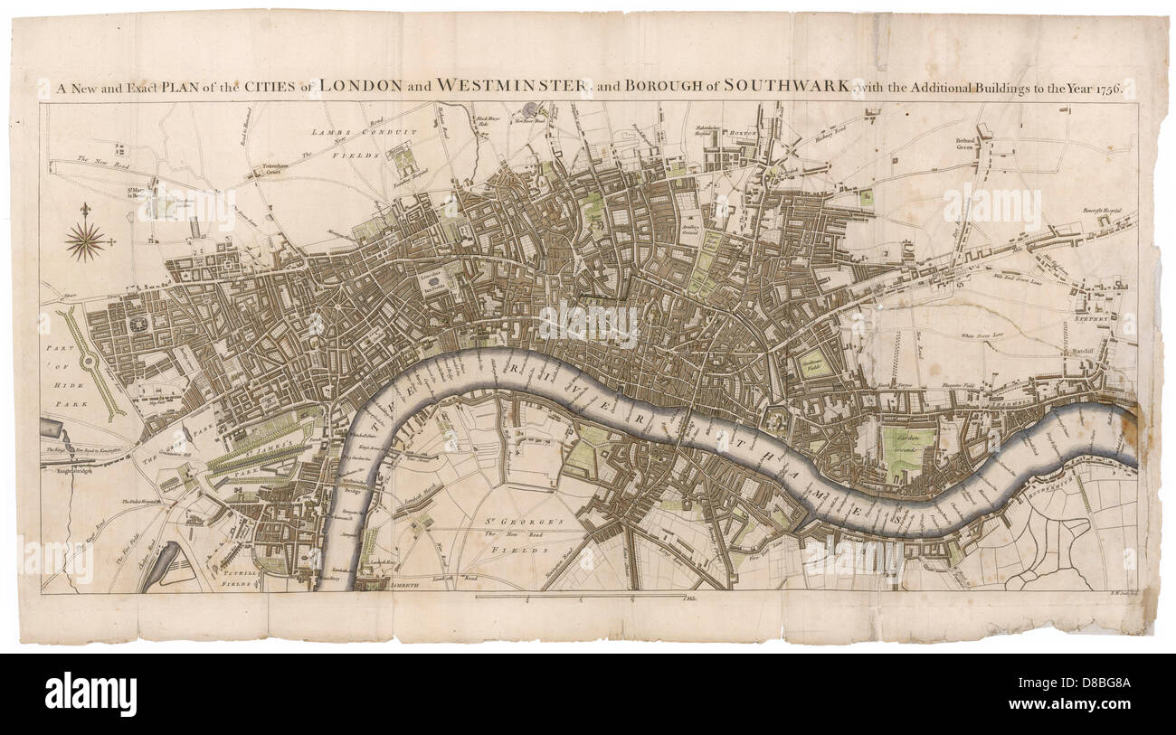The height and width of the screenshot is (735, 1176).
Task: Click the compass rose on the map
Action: click(85, 241)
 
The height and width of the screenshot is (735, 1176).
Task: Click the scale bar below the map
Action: click(579, 597)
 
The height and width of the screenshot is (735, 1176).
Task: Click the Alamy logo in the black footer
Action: click(90, 693)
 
